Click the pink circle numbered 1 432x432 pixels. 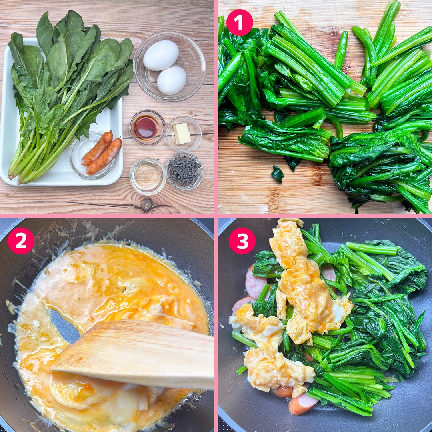[240, 22]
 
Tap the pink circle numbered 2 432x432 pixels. [21, 240]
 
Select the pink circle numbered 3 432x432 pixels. [242, 240]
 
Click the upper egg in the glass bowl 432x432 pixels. [161, 55]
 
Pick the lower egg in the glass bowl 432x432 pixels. [171, 80]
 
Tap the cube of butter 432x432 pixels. [182, 134]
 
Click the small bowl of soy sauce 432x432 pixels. [147, 127]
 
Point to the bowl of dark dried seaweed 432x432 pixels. [184, 171]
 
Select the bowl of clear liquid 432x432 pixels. [147, 176]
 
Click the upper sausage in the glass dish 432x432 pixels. [98, 148]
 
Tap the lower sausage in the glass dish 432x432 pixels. [104, 156]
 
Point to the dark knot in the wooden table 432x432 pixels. [146, 204]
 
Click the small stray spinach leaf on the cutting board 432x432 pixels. [277, 174]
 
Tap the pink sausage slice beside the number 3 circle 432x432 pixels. [255, 282]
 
